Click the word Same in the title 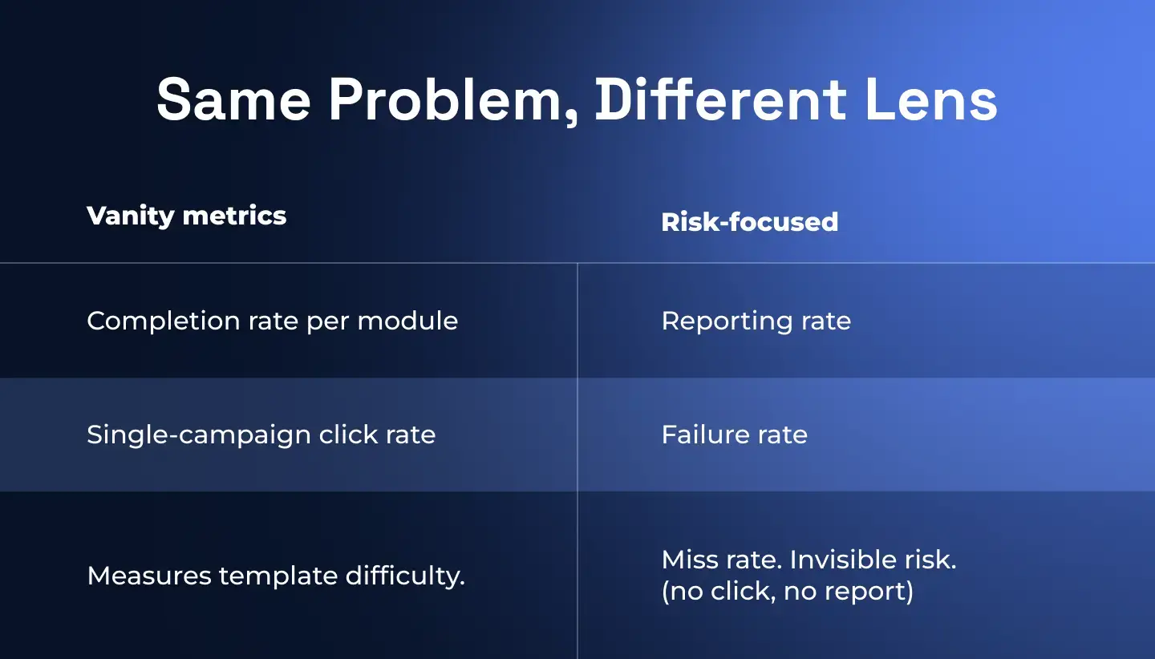click(x=233, y=100)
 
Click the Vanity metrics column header click(x=186, y=216)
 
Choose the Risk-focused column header click(x=749, y=222)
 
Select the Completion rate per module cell click(x=272, y=321)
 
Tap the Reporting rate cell click(x=756, y=321)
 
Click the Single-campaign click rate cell click(x=261, y=435)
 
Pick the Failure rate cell click(x=734, y=435)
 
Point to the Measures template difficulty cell click(x=275, y=576)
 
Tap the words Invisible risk click(x=873, y=560)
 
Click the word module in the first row click(x=407, y=321)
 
